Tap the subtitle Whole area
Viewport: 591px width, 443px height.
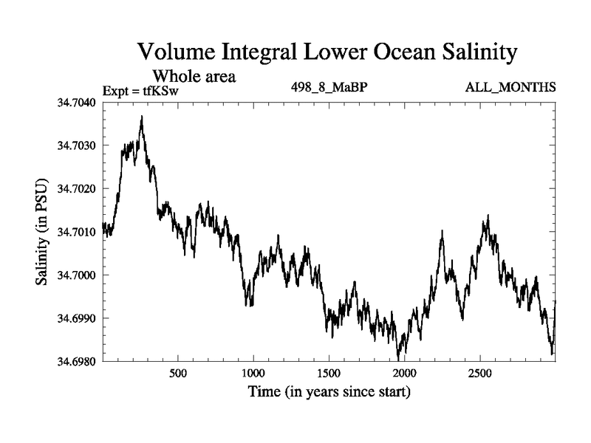194,76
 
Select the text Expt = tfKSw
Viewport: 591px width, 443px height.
140,90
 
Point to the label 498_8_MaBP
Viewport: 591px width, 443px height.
329,88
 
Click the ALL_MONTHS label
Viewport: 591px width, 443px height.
510,88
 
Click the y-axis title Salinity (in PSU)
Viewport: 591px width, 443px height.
42,232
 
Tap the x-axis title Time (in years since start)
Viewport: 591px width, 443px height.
329,391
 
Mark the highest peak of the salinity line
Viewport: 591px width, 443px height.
141,117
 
